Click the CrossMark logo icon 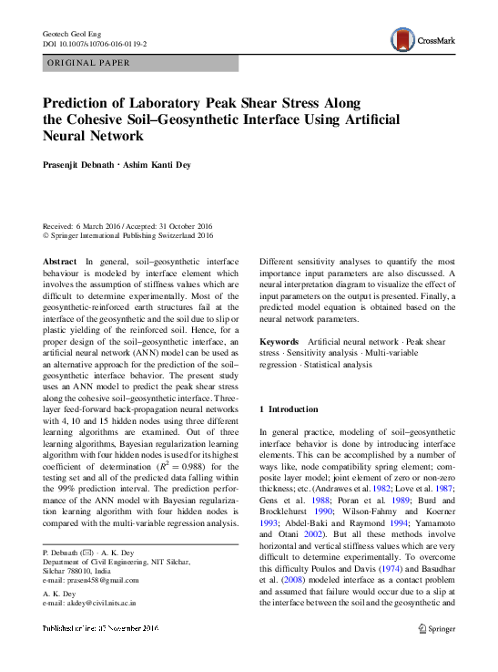point(401,39)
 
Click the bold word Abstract point(60,261)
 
